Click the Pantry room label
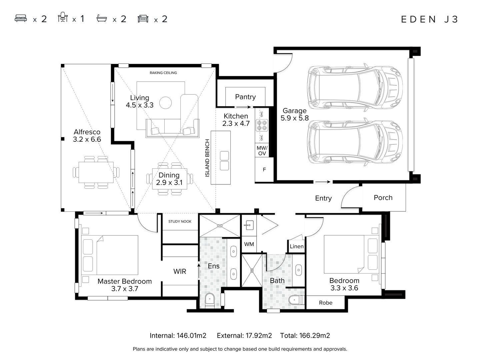point(245,97)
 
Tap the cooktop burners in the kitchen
point(262,125)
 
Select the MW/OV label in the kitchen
point(262,151)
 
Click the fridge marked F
point(264,169)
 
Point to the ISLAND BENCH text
point(207,158)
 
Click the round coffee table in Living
point(165,103)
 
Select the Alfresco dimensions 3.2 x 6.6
point(87,139)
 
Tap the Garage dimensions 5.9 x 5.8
point(294,118)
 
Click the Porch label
point(383,198)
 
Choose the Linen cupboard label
point(297,246)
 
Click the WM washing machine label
point(249,244)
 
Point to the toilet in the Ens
point(210,301)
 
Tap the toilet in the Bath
point(296,300)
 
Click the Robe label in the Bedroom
point(325,303)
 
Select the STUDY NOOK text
point(180,221)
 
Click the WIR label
point(180,271)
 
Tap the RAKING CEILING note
point(163,73)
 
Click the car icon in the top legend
point(143,19)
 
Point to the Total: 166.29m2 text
point(305,336)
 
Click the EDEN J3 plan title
point(429,19)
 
